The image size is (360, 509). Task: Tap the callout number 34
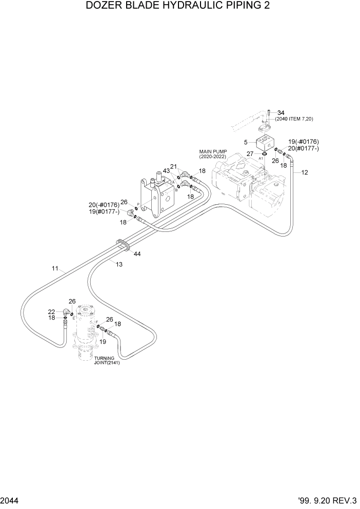tap(281, 113)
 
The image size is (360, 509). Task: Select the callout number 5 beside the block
tap(246, 142)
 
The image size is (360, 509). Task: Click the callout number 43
tap(166, 170)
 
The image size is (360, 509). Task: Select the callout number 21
tap(174, 166)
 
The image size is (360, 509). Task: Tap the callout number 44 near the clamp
tap(137, 253)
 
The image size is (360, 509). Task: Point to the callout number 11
tap(55, 268)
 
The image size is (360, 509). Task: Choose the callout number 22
tap(52, 311)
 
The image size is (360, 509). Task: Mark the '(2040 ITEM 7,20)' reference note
tap(294, 119)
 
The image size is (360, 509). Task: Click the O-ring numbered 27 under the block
tap(263, 153)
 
